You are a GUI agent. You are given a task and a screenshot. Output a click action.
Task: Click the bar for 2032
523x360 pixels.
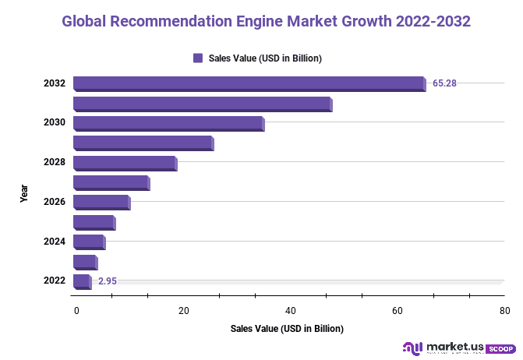[249, 83]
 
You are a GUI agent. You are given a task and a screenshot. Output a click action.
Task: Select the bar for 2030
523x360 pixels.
[168, 123]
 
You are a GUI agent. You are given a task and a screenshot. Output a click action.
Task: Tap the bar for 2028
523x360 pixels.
[125, 163]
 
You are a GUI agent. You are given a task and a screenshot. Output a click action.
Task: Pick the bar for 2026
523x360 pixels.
[101, 203]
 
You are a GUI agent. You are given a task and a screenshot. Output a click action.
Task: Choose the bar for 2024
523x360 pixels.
[89, 242]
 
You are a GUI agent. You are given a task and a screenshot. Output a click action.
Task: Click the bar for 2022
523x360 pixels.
[82, 281]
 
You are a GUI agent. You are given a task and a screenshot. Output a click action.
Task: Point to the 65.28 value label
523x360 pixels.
[444, 83]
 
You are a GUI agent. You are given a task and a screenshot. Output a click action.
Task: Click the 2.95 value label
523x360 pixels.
[108, 281]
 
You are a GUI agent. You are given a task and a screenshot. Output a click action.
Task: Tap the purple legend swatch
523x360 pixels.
[197, 58]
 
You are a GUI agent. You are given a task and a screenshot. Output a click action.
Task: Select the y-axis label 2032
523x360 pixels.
[55, 83]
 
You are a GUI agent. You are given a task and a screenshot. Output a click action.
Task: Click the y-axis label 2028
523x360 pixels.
[55, 162]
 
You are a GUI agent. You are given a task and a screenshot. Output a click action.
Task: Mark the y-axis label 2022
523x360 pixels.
[55, 281]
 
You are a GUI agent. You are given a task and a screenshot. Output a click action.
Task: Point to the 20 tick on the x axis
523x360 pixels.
[184, 311]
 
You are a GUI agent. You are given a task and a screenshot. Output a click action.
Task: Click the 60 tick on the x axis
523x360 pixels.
[398, 311]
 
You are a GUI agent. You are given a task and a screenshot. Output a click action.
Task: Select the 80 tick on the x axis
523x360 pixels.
[504, 311]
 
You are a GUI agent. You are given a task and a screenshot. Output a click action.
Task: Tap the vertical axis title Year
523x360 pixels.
[24, 193]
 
